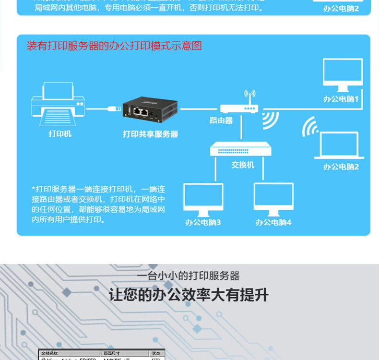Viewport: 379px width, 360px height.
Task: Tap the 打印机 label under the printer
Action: (x=60, y=134)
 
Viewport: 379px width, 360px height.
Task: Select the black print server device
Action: (x=150, y=110)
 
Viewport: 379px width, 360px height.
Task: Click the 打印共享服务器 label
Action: (x=150, y=134)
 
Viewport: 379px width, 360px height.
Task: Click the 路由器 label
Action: (x=221, y=120)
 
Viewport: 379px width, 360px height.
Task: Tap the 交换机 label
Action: (x=243, y=165)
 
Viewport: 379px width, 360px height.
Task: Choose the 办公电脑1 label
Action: (x=341, y=99)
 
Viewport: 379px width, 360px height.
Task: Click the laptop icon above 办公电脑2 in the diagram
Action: (x=339, y=145)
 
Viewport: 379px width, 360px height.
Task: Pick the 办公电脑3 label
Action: (x=203, y=222)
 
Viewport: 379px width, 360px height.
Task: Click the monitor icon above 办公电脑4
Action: (x=273, y=199)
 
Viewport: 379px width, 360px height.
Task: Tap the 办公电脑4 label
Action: (x=273, y=222)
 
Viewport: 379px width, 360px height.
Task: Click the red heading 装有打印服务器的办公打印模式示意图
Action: (x=114, y=46)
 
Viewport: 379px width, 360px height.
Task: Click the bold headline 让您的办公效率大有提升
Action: (x=189, y=295)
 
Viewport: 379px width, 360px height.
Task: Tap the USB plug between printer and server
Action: (x=113, y=108)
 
